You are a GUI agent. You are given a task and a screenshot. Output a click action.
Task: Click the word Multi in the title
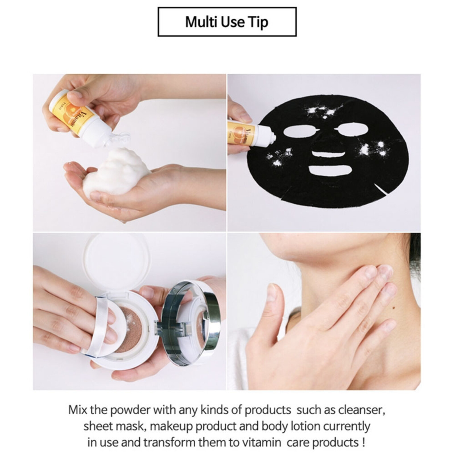tap(199, 22)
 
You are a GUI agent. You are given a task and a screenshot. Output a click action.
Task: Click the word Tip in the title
tap(259, 22)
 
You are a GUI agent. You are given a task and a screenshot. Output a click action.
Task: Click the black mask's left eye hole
tap(299, 133)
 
